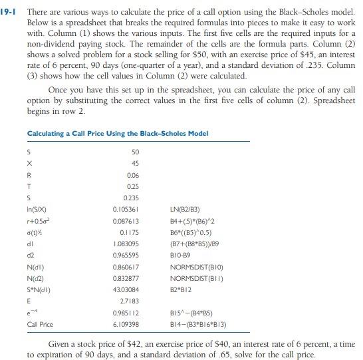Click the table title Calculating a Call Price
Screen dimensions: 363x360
point(118,133)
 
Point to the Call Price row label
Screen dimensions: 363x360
point(41,324)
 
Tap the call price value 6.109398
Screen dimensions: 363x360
point(126,324)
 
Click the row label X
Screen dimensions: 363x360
point(29,163)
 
